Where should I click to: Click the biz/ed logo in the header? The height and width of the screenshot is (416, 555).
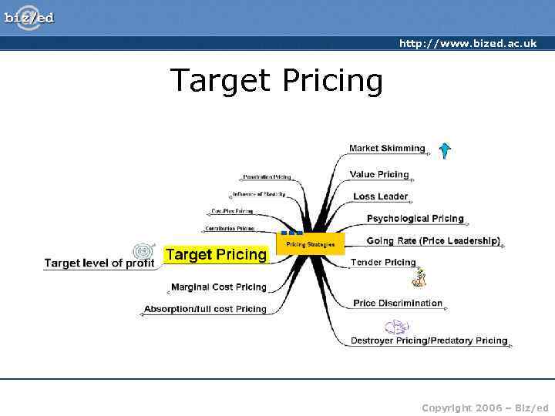(x=29, y=17)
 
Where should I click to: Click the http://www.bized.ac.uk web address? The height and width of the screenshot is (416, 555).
(x=467, y=43)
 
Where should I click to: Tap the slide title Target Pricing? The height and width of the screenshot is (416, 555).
(x=276, y=80)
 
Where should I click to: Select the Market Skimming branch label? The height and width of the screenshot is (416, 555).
(x=387, y=148)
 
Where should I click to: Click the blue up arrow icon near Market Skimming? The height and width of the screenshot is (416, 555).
(x=445, y=150)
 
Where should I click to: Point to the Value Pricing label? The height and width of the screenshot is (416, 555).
(x=379, y=174)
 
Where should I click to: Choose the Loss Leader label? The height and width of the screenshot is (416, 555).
(x=380, y=196)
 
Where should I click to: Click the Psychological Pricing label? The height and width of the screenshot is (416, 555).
(x=415, y=219)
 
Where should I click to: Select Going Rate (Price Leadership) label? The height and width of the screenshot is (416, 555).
(x=433, y=241)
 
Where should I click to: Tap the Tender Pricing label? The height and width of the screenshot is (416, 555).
(x=383, y=263)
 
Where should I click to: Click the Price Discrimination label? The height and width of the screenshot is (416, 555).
(x=398, y=303)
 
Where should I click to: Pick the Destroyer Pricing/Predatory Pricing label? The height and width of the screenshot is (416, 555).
(x=429, y=341)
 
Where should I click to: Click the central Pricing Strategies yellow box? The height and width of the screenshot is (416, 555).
(x=311, y=244)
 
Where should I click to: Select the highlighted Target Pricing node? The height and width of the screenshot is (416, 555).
(x=216, y=254)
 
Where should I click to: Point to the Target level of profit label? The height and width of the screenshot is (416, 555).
(x=99, y=263)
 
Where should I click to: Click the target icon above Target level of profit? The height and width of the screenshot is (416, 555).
(x=141, y=251)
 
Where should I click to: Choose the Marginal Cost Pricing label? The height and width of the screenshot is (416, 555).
(x=219, y=287)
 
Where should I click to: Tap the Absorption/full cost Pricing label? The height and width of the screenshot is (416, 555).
(x=205, y=309)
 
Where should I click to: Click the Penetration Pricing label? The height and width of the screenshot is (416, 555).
(x=267, y=177)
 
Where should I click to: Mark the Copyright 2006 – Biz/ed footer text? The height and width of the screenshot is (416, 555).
(x=485, y=407)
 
